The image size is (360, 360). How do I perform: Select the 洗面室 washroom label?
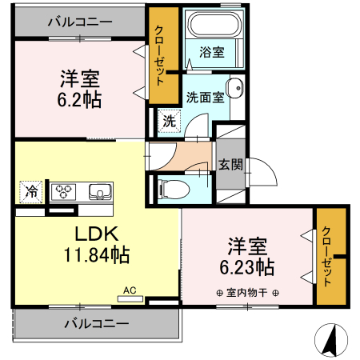[x=204, y=98]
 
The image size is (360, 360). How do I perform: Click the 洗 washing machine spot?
[x=168, y=122]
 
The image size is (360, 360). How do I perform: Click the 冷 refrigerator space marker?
[x=30, y=192]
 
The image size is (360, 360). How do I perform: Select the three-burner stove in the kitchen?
[x=63, y=192]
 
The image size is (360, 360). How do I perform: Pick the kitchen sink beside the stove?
[x=100, y=192]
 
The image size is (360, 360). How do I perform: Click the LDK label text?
[x=97, y=234]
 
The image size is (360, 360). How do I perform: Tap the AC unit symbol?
[x=130, y=295]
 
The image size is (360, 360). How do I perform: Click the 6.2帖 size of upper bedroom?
[x=78, y=102]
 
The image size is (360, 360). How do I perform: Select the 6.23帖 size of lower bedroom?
[x=247, y=266]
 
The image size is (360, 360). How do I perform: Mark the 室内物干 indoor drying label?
[x=247, y=293]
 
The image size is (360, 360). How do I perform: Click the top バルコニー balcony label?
[x=78, y=22]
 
